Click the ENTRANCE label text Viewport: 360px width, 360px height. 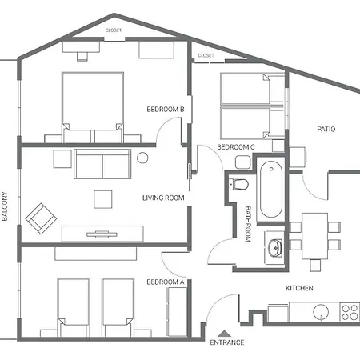(x=227, y=342)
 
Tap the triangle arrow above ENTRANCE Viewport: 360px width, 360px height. (x=224, y=334)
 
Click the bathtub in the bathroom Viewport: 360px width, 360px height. (x=271, y=190)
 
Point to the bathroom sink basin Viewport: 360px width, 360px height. (x=275, y=248)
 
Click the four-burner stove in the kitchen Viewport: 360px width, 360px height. (x=350, y=312)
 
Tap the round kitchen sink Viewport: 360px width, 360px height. (x=321, y=312)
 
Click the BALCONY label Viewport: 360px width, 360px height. (x=5, y=206)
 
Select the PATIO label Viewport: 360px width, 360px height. (x=326, y=130)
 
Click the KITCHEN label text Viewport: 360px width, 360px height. (x=299, y=288)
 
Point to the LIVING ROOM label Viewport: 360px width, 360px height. (x=163, y=198)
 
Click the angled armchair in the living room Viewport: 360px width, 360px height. (x=41, y=218)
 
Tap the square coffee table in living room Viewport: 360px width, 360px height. (x=103, y=199)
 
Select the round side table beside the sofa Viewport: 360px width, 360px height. (x=142, y=158)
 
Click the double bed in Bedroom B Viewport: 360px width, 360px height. (x=93, y=107)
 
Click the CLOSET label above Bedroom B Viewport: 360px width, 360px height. (x=114, y=30)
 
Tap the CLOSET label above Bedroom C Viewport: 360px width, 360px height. (x=206, y=55)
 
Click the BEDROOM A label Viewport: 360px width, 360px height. (x=166, y=282)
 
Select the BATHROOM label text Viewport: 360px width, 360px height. (x=248, y=224)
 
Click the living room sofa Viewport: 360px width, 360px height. (x=102, y=164)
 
